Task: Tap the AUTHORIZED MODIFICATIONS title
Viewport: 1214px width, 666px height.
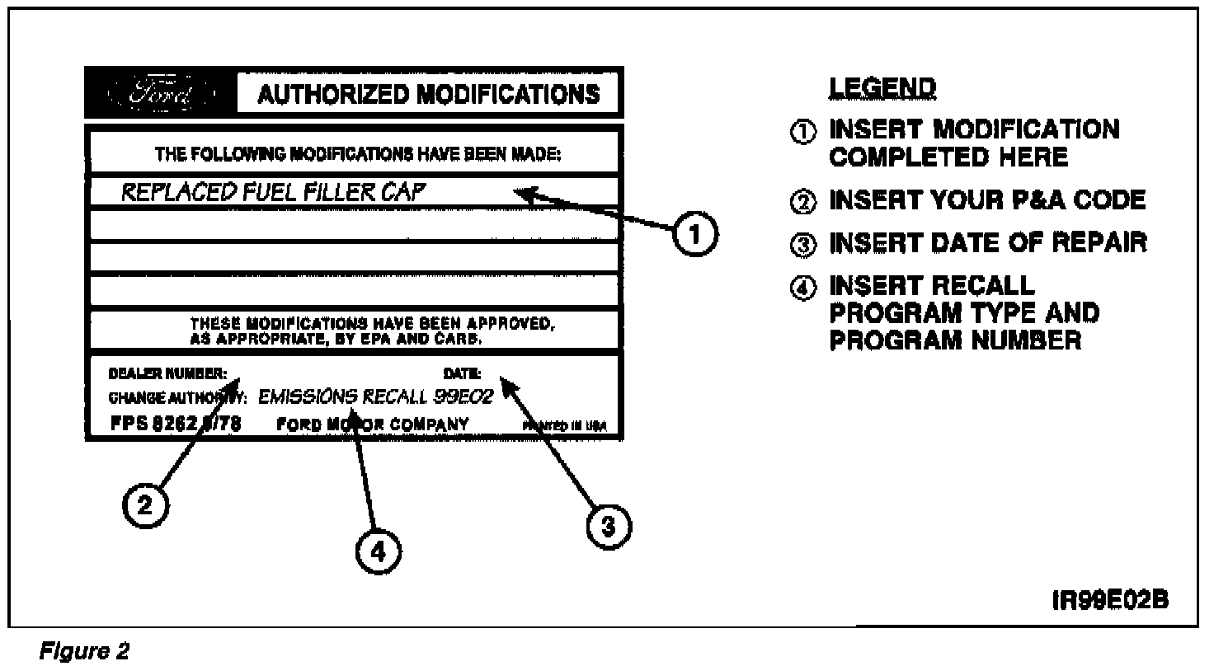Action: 428,94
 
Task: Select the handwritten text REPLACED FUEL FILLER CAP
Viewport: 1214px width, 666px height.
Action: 275,193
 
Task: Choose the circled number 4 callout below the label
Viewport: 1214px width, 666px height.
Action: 377,553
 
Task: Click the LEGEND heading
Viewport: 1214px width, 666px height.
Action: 882,87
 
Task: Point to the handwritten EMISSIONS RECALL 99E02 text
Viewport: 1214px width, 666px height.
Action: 375,396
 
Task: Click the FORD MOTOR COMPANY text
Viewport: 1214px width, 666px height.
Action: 373,424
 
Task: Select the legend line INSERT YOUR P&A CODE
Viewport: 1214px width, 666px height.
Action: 987,200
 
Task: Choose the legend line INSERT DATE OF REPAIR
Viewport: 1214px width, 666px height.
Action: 987,243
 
